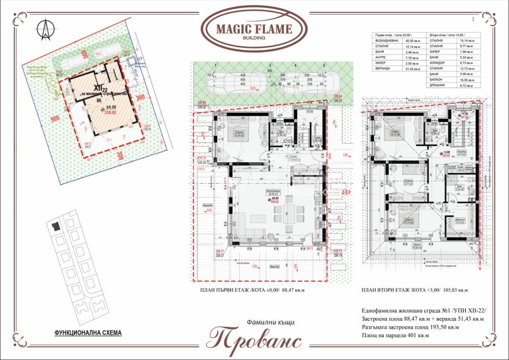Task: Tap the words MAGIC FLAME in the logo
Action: [x=254, y=29]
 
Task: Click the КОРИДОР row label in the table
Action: [x=437, y=63]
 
